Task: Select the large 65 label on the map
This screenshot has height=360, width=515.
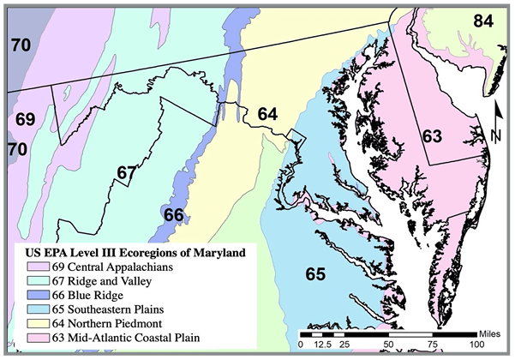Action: [315, 274]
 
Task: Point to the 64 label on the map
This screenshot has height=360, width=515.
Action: [267, 114]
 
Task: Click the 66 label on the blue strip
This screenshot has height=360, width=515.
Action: [173, 214]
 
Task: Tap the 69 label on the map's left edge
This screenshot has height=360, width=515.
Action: [25, 118]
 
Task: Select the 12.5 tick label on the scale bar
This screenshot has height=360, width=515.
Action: [322, 344]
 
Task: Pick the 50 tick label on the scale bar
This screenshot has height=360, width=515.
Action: [387, 344]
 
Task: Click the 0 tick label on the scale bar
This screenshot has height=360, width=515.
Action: [300, 344]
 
